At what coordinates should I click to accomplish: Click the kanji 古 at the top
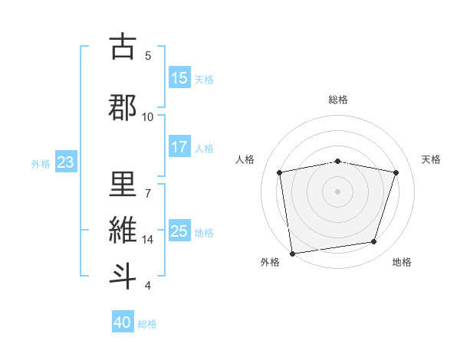click(x=123, y=47)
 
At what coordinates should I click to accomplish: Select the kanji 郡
click(x=123, y=108)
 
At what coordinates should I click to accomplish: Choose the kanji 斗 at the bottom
click(x=123, y=276)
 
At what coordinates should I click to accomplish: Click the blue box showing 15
click(x=179, y=78)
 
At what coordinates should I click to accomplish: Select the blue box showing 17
click(x=179, y=147)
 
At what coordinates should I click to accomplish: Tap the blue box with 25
click(x=179, y=231)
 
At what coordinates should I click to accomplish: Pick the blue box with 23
click(x=65, y=162)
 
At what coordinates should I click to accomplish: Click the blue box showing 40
click(x=123, y=322)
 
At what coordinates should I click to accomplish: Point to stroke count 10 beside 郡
click(x=147, y=116)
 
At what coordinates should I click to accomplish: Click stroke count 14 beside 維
click(x=148, y=239)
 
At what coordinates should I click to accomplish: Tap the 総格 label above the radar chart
click(x=338, y=100)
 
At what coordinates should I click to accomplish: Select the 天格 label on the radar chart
click(x=432, y=159)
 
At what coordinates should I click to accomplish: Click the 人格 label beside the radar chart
click(x=245, y=159)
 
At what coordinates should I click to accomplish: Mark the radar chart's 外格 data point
click(x=292, y=253)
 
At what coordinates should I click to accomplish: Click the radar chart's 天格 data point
click(x=396, y=172)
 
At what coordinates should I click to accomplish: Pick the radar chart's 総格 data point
click(x=338, y=162)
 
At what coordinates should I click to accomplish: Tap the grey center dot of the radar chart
click(x=338, y=191)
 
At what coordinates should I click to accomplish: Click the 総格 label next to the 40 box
click(x=147, y=324)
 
